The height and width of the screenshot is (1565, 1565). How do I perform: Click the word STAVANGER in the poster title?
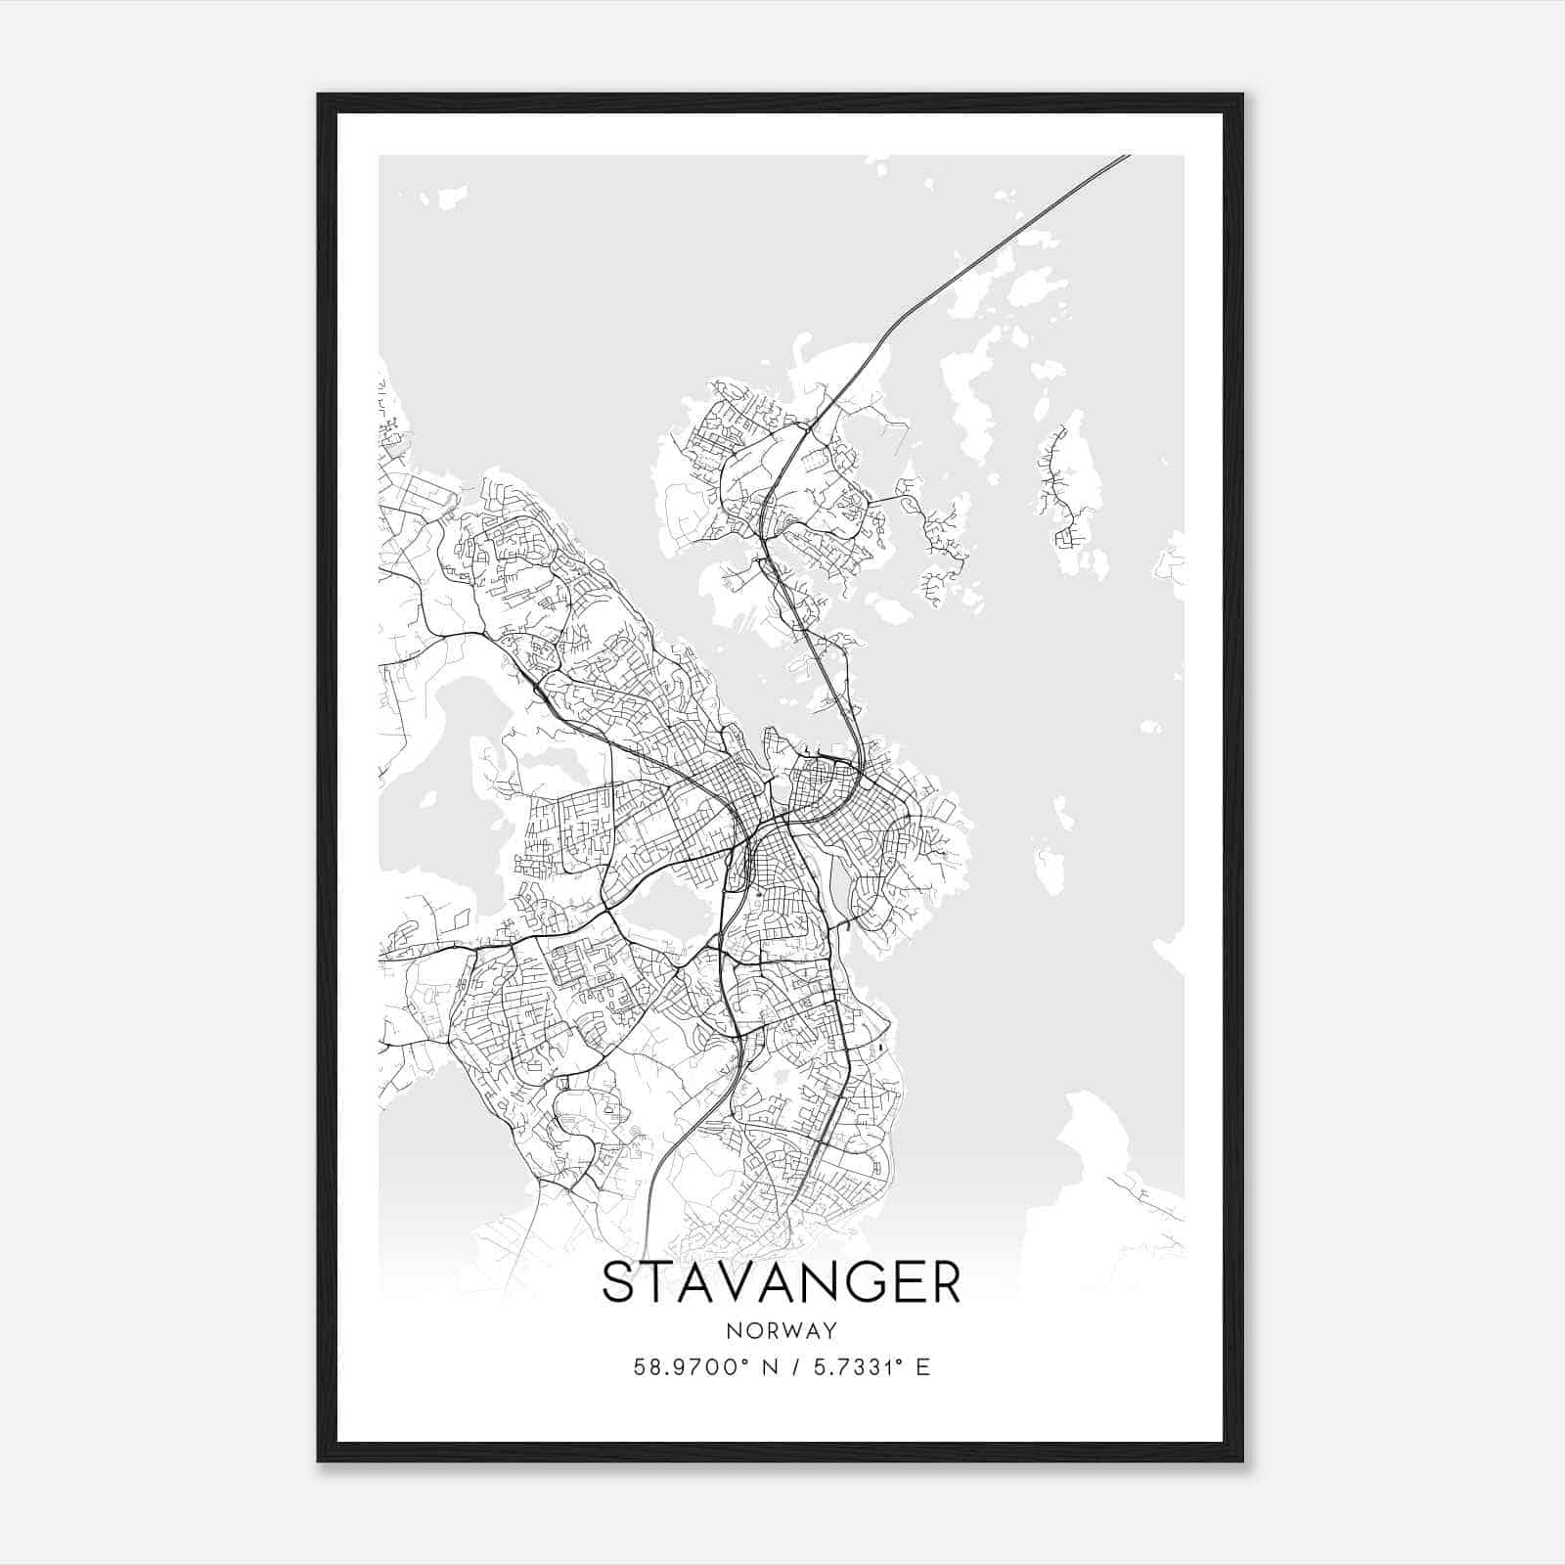(781, 1283)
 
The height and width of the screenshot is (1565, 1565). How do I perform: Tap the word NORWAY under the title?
(782, 1330)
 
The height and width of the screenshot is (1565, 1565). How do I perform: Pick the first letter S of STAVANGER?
(618, 1283)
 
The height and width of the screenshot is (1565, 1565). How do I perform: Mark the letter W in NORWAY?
(791, 1330)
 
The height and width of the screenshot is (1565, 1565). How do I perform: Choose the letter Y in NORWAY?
(830, 1330)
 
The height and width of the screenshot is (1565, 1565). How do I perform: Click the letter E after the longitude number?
(923, 1366)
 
